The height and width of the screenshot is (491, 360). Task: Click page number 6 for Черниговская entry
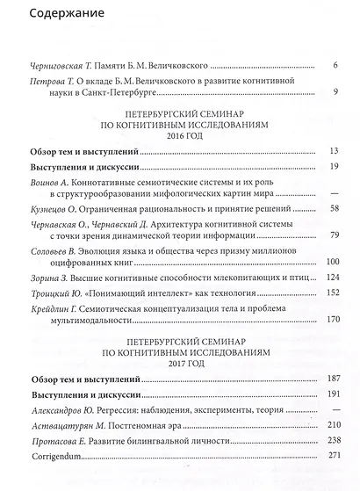(336, 66)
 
